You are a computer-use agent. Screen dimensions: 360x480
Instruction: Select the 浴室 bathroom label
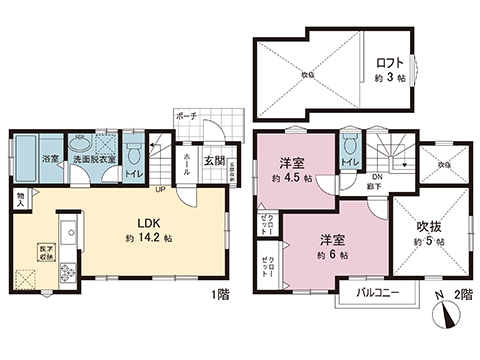click(48, 158)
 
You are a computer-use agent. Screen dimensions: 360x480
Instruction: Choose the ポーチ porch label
click(186, 117)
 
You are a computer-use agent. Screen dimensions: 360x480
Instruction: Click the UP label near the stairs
click(160, 188)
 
